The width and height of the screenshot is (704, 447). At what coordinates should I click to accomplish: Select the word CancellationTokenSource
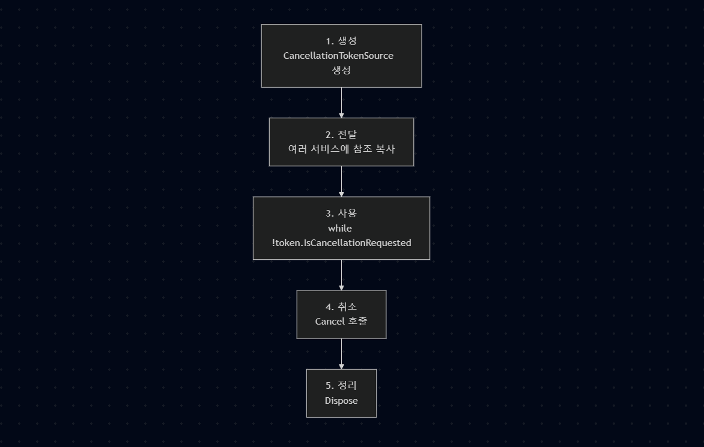pyautogui.click(x=338, y=56)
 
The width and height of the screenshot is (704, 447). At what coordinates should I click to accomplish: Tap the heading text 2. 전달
pyautogui.click(x=341, y=135)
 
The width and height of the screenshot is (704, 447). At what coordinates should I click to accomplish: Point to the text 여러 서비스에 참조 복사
pyautogui.click(x=341, y=149)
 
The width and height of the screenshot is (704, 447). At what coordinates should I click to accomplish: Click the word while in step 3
pyautogui.click(x=340, y=229)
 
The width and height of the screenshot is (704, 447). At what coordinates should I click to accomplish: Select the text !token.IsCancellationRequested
pyautogui.click(x=341, y=243)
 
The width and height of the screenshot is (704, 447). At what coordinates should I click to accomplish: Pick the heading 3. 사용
pyautogui.click(x=341, y=214)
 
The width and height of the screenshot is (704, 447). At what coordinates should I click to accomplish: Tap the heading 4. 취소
pyautogui.click(x=341, y=307)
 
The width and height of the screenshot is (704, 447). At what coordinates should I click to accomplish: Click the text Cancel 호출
pyautogui.click(x=341, y=322)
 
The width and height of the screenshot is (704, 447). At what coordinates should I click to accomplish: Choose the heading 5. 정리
pyautogui.click(x=341, y=386)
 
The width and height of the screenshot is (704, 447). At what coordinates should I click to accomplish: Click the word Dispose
pyautogui.click(x=341, y=401)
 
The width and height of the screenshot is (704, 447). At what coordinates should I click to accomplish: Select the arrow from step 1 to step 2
pyautogui.click(x=341, y=103)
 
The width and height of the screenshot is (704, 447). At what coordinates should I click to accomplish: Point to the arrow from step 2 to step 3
pyautogui.click(x=341, y=181)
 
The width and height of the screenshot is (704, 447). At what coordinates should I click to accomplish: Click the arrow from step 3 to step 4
pyautogui.click(x=341, y=275)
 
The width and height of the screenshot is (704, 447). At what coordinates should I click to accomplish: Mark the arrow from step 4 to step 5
pyautogui.click(x=341, y=354)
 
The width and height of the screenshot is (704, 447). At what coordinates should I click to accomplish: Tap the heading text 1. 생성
pyautogui.click(x=341, y=41)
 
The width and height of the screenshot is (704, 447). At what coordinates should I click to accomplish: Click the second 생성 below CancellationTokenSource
pyautogui.click(x=341, y=70)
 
